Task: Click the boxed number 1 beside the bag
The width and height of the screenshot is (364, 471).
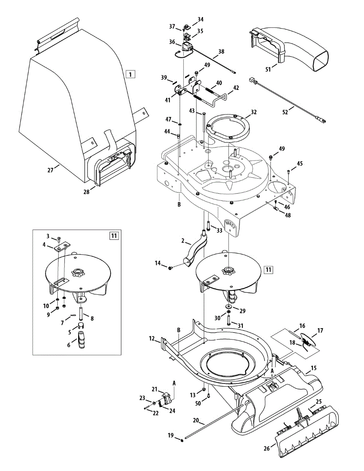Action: (x=130, y=74)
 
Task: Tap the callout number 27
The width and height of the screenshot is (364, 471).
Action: (x=50, y=170)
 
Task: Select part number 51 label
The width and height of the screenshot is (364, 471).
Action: (x=268, y=69)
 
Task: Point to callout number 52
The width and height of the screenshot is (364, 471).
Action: (x=285, y=112)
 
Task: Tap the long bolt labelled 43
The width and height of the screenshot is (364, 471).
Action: (x=204, y=124)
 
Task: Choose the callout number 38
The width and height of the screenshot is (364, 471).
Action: (x=221, y=51)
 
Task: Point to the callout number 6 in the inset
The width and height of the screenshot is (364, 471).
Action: (x=69, y=345)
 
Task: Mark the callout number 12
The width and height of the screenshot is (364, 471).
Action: (x=152, y=338)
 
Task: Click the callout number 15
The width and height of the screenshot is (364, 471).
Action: (x=313, y=368)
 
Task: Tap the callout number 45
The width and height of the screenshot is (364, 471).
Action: (x=300, y=163)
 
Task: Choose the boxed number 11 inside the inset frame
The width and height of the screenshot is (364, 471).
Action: (x=114, y=235)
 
